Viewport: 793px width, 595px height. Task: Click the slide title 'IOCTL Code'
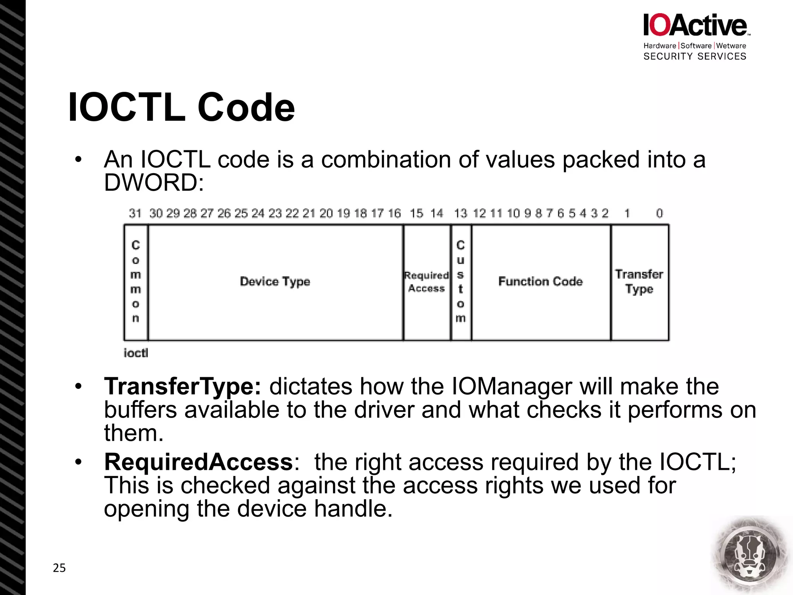[x=181, y=107]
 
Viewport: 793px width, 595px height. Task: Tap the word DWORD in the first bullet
[x=153, y=182]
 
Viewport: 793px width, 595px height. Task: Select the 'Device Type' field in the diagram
[x=275, y=282]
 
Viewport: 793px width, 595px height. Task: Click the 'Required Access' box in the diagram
[x=426, y=282]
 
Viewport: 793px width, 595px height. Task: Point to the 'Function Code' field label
[x=540, y=282]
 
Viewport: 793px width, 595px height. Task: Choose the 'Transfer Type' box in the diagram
[x=639, y=282]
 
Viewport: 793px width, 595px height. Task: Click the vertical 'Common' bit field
[x=136, y=282]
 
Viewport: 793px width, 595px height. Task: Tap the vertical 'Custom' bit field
[x=460, y=282]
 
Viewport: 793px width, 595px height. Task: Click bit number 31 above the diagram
[x=135, y=213]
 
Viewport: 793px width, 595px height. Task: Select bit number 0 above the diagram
[x=659, y=213]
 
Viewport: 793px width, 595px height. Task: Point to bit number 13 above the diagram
[x=461, y=213]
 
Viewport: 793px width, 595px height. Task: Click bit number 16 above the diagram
[x=395, y=213]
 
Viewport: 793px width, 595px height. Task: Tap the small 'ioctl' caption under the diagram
[x=136, y=353]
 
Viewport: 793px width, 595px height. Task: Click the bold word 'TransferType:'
[x=182, y=387]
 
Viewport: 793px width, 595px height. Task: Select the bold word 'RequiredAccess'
[x=199, y=462]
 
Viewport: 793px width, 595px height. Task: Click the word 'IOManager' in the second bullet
[x=512, y=387]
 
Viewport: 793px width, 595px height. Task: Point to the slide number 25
[x=59, y=568]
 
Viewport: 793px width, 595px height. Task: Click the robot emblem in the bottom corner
[x=750, y=555]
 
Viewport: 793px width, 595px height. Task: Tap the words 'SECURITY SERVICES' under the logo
[x=695, y=57]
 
